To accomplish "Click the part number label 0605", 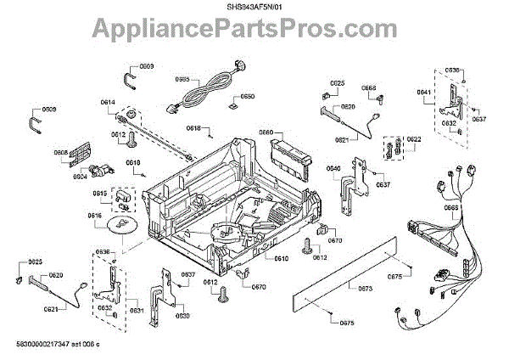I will (182, 79).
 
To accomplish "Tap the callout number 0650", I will (247, 97).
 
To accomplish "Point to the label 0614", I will (108, 104).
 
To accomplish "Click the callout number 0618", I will (193, 128).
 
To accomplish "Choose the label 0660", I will (266, 132).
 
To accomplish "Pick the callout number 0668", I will (370, 87).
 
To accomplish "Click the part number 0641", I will (423, 92).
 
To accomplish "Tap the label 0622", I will (413, 139).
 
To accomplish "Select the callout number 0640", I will (334, 168).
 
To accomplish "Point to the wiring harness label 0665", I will (451, 207).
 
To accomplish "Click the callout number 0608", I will (61, 153).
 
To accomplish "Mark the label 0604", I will (80, 177).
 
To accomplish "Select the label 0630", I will (182, 316).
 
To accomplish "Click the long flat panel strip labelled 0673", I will (348, 270).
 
